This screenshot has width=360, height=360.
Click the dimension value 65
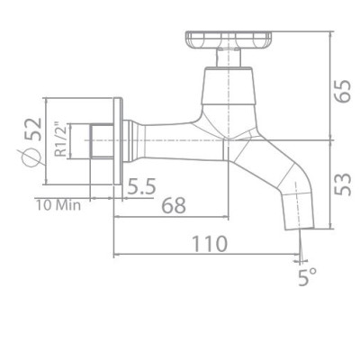344,90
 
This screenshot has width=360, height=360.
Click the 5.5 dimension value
142,188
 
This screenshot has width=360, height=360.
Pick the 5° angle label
309,276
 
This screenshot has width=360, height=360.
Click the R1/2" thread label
60,140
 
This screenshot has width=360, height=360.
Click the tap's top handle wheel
230,40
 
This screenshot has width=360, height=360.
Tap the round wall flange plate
115,140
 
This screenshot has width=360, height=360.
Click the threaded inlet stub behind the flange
99,141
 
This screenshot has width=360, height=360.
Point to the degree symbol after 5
315,271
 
